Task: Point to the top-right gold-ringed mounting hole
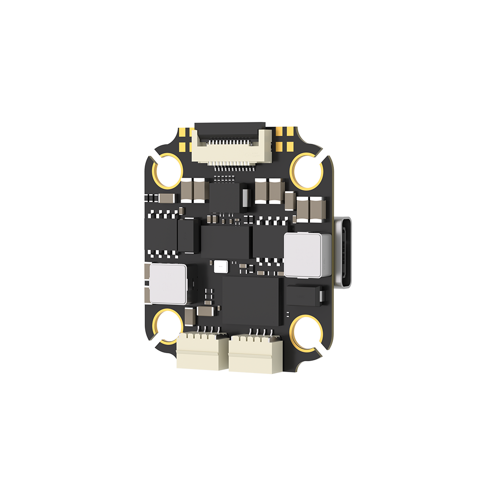(x=306, y=170)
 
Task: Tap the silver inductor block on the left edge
(x=168, y=284)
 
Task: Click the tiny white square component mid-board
(x=220, y=267)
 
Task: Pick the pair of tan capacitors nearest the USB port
(x=310, y=210)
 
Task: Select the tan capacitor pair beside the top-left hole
(x=193, y=190)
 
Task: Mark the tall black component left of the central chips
(x=188, y=235)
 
